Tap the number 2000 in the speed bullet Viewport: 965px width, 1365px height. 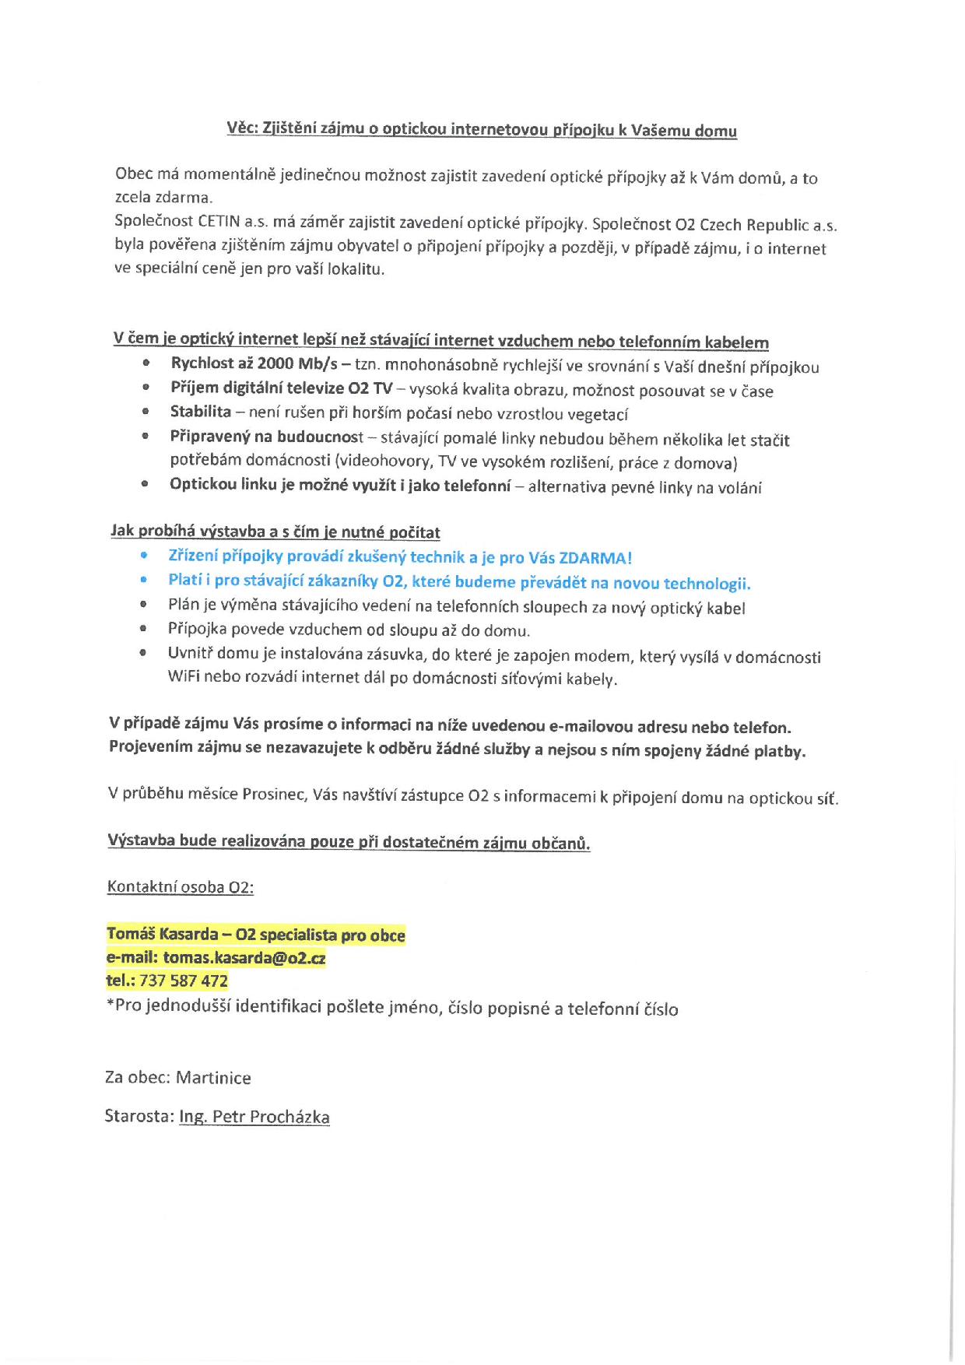275,363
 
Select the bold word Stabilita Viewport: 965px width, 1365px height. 201,412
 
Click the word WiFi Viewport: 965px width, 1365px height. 184,676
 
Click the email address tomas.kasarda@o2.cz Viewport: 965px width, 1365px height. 244,958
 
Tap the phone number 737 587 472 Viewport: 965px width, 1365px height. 184,981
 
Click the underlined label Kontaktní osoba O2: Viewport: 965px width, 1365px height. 181,887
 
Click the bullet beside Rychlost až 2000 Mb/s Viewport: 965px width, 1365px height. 146,363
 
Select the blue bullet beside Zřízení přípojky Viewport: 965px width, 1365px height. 143,556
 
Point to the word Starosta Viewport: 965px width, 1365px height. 137,1116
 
